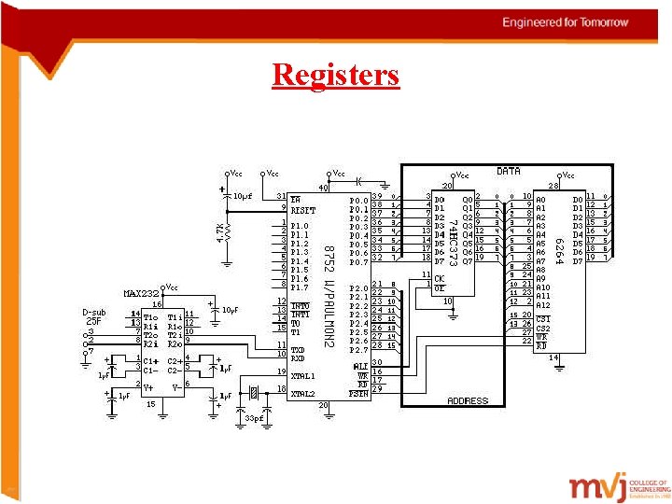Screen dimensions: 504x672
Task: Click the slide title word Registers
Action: tap(335, 74)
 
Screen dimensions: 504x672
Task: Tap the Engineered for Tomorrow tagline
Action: tap(565, 21)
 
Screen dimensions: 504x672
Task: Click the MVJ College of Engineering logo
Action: tap(619, 488)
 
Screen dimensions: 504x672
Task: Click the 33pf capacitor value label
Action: tap(254, 419)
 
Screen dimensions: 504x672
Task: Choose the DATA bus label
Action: tap(508, 172)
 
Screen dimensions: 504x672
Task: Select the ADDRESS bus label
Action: tap(468, 400)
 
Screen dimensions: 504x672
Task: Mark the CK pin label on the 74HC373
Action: tap(439, 278)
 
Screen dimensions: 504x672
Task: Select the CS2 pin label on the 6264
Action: tap(543, 329)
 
